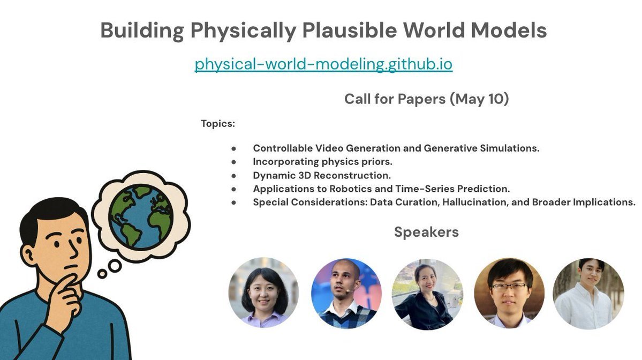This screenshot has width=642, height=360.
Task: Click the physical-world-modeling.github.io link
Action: (323, 64)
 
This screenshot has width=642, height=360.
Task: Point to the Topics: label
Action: (218, 124)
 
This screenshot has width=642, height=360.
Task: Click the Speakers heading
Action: (426, 232)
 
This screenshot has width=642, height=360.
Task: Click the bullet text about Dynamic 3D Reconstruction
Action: (322, 175)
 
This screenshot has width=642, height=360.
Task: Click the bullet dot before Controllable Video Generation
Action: (234, 148)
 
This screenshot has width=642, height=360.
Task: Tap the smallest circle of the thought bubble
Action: (102, 274)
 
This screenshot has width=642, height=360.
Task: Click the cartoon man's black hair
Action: (51, 214)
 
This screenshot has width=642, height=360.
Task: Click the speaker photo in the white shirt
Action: (588, 294)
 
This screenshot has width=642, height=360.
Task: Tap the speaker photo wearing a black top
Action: (427, 294)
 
